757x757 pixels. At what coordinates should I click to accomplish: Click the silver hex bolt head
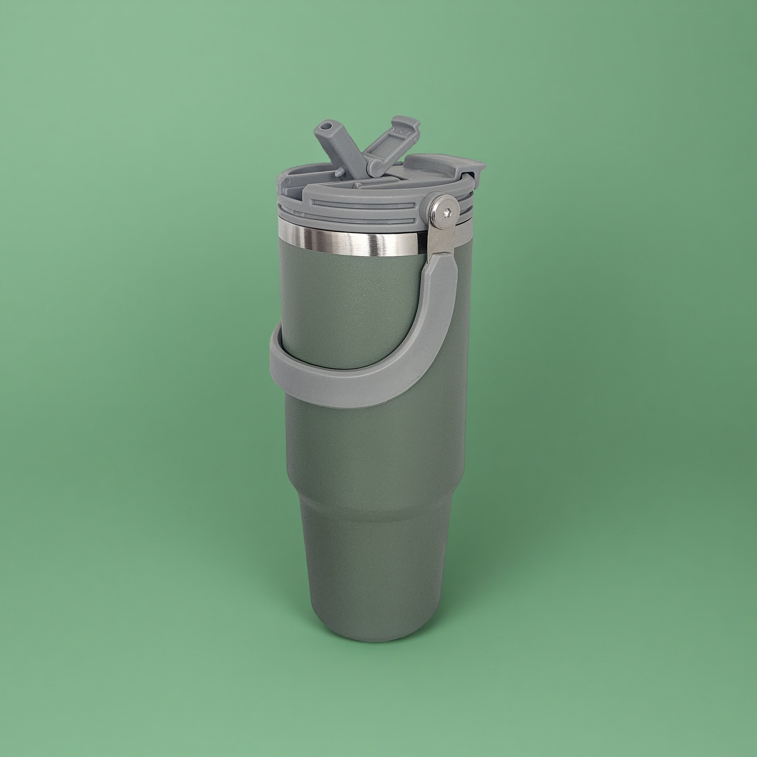coord(445,212)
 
